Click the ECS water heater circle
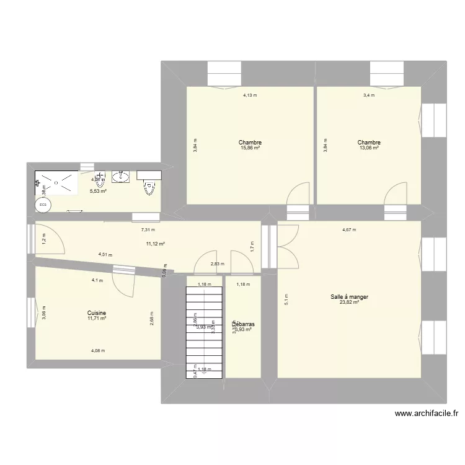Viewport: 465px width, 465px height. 43,204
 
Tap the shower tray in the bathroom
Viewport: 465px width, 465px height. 56,183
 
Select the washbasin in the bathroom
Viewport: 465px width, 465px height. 120,177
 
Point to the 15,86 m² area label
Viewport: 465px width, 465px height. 250,148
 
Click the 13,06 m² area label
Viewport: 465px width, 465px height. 369,148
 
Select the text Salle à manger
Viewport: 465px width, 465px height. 350,297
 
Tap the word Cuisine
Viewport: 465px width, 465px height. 97,313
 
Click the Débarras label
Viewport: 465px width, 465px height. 243,324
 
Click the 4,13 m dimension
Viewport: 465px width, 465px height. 250,95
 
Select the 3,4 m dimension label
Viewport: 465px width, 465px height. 370,95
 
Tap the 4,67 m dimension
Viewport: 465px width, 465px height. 350,230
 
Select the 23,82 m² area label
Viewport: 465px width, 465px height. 350,303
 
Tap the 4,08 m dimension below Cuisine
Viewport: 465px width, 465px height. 98,351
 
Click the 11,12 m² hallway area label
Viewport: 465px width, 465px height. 155,244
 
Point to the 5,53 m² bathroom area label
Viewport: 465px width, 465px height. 98,192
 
